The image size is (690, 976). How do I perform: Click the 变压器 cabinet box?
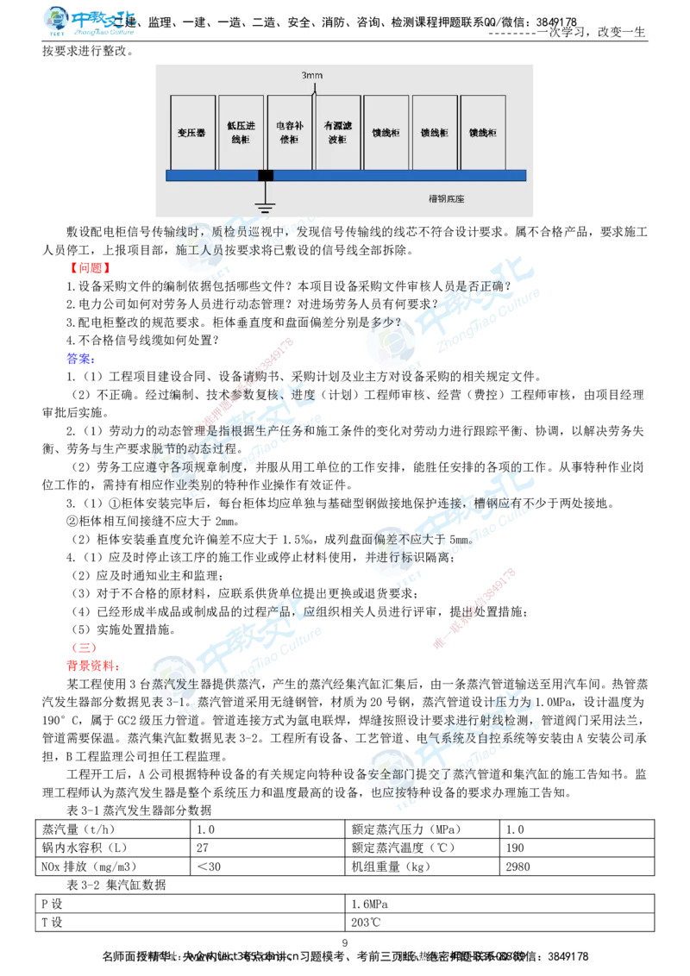[193, 132]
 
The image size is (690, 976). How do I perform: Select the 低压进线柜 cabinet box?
[241, 132]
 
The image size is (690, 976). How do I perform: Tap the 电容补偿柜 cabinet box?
[289, 132]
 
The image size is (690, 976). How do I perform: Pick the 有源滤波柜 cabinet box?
[337, 132]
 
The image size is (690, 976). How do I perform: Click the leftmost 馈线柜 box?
[386, 132]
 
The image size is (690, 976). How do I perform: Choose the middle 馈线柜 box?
[434, 132]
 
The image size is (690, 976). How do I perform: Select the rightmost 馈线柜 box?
[482, 132]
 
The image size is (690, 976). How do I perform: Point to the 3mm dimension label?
[311, 76]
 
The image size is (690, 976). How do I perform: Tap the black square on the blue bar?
[266, 176]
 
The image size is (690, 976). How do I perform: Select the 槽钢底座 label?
[446, 199]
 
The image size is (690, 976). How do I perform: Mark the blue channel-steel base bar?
[388, 176]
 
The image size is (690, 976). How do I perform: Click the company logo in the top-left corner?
[90, 22]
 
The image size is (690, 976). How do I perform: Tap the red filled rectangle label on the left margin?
[90, 268]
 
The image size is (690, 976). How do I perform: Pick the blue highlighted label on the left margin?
[79, 359]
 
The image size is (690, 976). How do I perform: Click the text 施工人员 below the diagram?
[199, 249]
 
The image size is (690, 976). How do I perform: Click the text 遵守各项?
[169, 466]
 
